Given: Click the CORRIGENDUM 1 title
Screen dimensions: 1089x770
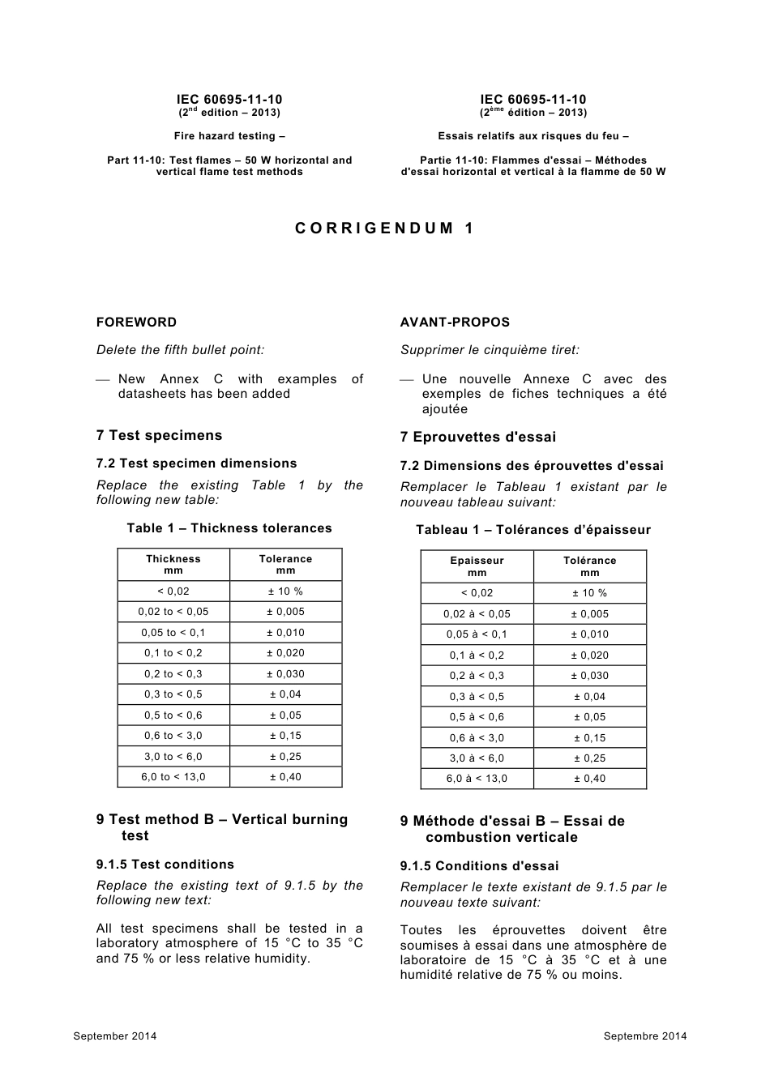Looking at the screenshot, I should [385, 228].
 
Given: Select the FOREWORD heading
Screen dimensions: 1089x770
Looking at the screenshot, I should [136, 322].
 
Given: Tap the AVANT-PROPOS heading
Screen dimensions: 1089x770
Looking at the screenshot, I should [455, 322].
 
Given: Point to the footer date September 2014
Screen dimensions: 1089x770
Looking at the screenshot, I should [115, 1036].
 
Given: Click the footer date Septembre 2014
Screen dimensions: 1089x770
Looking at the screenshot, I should [645, 1036].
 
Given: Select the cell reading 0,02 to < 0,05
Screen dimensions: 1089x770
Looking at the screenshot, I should [173, 612].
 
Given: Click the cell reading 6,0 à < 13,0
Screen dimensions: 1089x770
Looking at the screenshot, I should [477, 779].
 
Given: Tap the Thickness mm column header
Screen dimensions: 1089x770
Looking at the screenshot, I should [173, 565].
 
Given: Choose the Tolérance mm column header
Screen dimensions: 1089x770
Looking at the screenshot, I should [589, 566].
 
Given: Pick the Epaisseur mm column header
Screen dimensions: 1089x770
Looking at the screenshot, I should [477, 566].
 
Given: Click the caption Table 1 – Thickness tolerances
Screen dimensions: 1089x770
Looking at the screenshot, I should [229, 528].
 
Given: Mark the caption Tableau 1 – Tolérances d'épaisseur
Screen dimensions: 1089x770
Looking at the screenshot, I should [533, 530].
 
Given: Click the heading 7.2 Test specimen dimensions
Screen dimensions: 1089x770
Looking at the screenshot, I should [196, 463].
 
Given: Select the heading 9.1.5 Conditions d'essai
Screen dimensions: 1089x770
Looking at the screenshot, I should [479, 866].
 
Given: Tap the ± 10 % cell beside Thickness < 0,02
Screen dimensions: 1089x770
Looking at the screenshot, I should [285, 591].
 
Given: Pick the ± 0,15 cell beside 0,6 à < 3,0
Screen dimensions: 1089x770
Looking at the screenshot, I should [589, 738].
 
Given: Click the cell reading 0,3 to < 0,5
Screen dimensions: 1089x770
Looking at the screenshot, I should [173, 694].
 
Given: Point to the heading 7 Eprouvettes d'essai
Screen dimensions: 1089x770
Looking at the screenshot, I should [478, 438].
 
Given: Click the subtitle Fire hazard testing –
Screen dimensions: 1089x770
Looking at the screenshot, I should [229, 136].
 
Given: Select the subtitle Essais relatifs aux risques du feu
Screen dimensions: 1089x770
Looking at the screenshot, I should [533, 136].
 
